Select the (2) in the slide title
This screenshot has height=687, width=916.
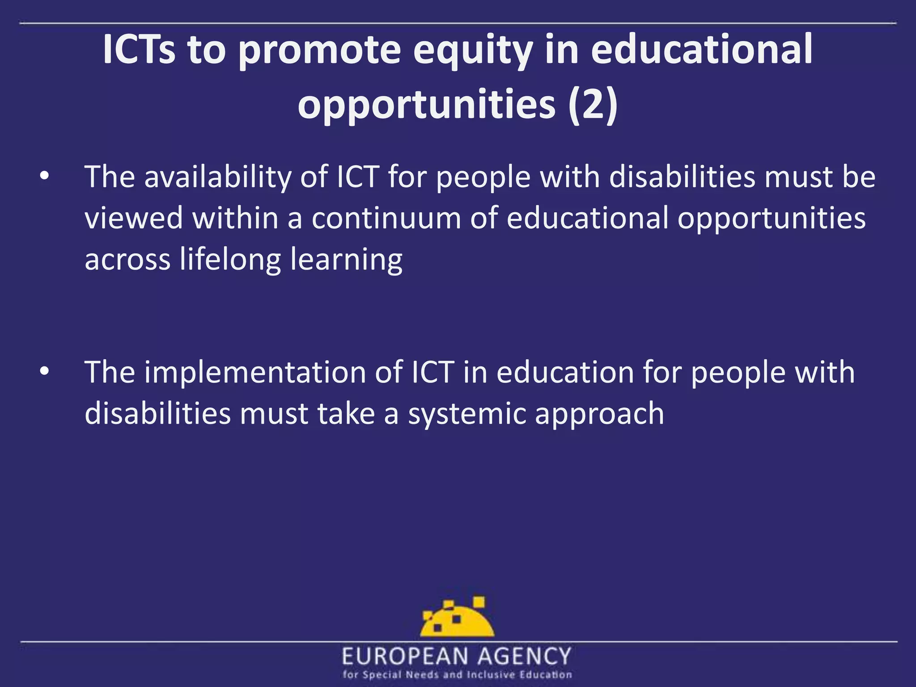594,105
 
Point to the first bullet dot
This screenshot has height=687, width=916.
44,177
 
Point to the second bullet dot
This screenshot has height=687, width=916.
44,372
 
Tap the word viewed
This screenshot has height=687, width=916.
134,218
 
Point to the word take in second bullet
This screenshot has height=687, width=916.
346,413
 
